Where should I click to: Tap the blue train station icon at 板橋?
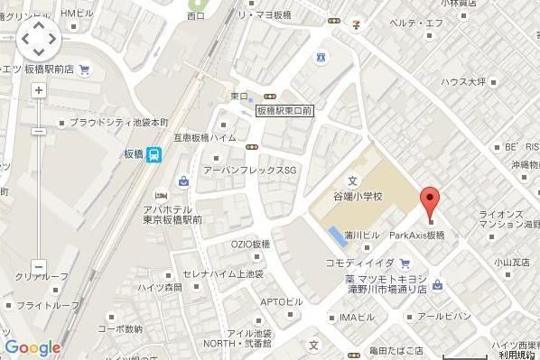pos(155,154)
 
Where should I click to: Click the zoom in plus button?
pos(38,90)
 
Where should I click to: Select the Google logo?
pos(32,347)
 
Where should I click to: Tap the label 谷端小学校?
pos(352,195)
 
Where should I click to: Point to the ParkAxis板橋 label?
pos(417,235)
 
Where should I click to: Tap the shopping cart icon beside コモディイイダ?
pos(405,263)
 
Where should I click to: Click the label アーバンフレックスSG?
pos(250,170)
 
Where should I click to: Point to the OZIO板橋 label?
pos(250,245)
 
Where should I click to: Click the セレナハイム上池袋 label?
pos(223,272)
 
